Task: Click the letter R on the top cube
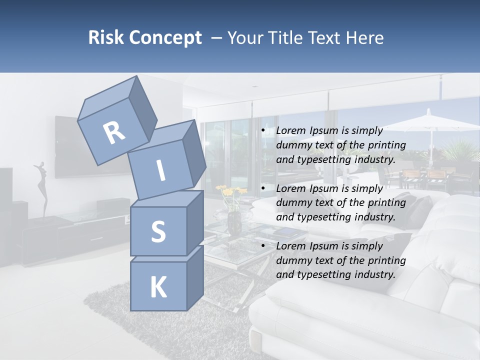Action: (x=114, y=133)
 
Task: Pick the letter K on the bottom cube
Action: (x=158, y=287)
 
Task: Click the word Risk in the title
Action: (x=104, y=37)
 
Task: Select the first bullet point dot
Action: (x=263, y=131)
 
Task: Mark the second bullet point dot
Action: (x=263, y=189)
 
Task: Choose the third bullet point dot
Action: (x=263, y=246)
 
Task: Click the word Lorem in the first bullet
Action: (x=290, y=130)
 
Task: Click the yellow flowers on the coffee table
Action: (x=231, y=191)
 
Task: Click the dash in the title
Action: (x=217, y=37)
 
